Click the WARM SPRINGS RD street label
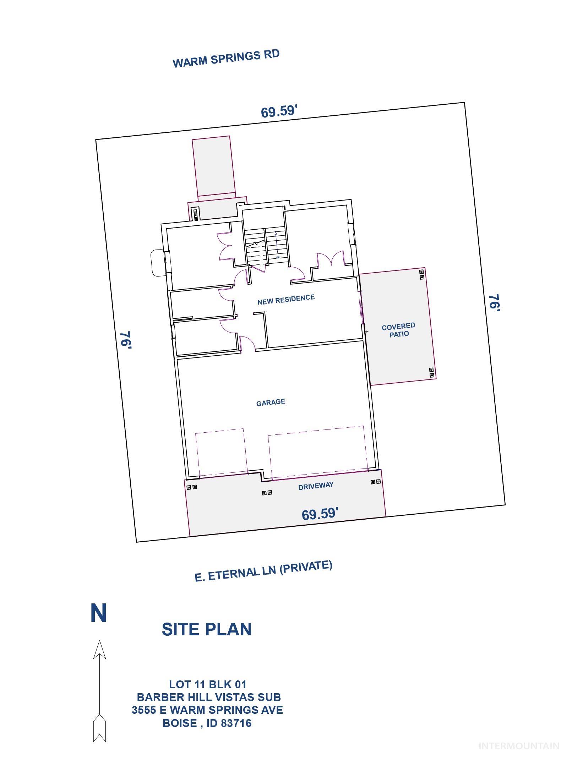(226, 59)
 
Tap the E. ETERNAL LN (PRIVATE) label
(263, 571)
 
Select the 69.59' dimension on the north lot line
(279, 111)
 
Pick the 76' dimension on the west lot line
(126, 340)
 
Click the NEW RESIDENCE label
(286, 299)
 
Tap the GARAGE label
(271, 403)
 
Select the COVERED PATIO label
(399, 330)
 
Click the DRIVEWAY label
(316, 486)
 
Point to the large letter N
(99, 613)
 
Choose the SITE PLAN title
(207, 629)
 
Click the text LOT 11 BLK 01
(207, 684)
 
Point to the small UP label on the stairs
(278, 257)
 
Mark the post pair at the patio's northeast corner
(422, 274)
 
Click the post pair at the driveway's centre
(267, 493)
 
